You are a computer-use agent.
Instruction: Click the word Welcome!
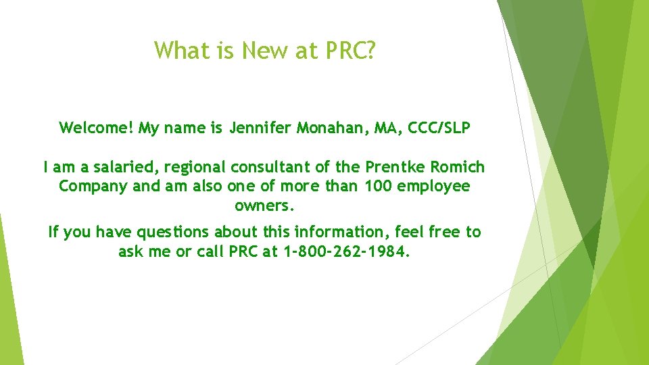pos(97,128)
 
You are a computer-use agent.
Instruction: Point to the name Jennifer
pos(260,128)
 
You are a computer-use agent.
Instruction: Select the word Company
pos(93,187)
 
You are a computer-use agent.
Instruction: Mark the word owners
pos(264,205)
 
